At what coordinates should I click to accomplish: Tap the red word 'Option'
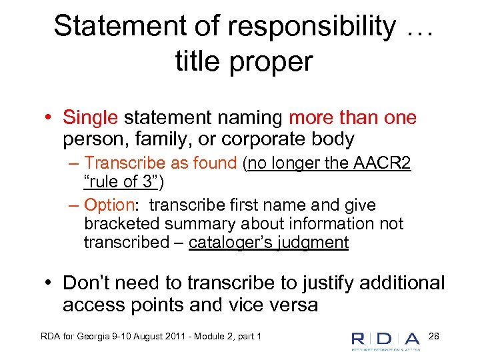pyautogui.click(x=109, y=205)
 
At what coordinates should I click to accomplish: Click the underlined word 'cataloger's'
pyautogui.click(x=227, y=242)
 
